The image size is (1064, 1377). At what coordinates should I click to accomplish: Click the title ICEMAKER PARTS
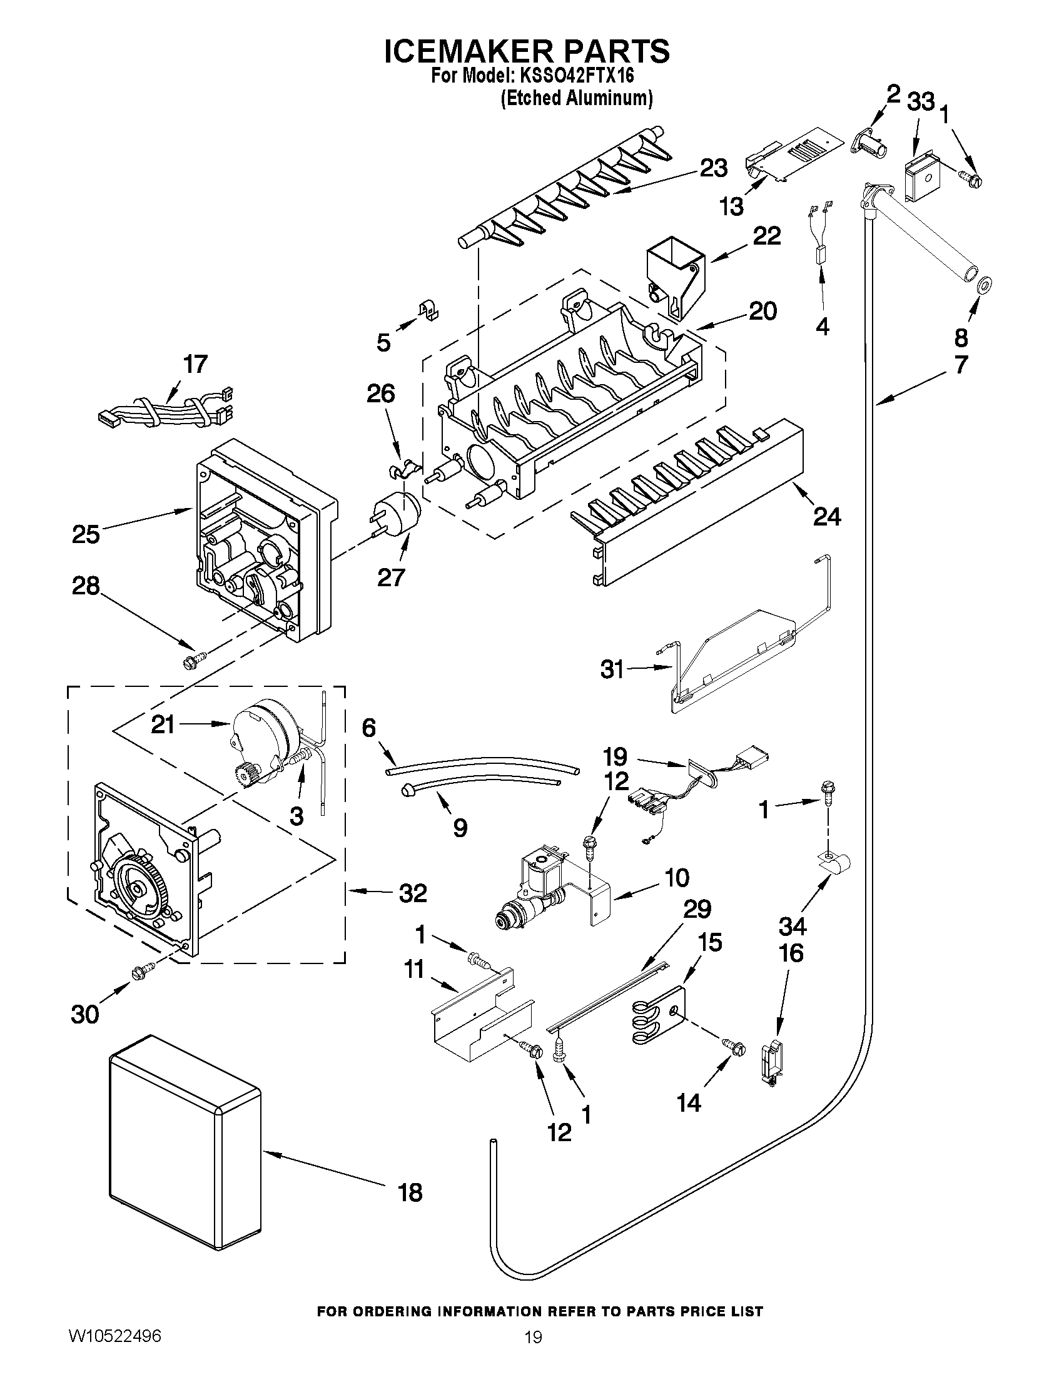(x=527, y=52)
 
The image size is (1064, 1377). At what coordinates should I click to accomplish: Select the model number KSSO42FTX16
(x=576, y=76)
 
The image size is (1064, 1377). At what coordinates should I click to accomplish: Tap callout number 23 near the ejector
(x=714, y=168)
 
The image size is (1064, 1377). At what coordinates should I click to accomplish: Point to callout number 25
(x=86, y=534)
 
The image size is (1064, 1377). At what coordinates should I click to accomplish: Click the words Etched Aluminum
(x=576, y=99)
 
